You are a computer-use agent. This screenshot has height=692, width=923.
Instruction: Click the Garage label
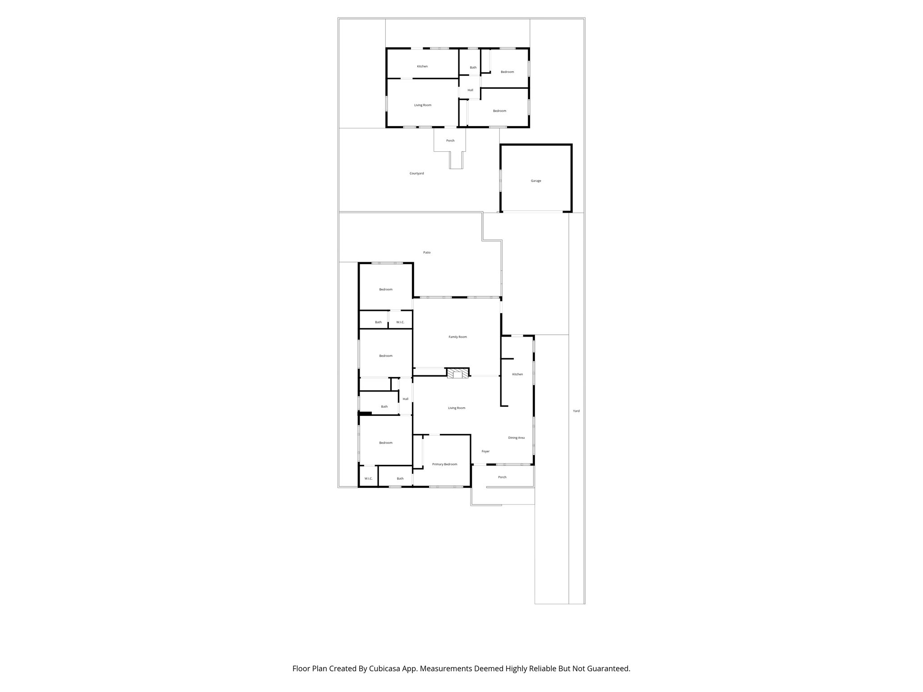coord(535,181)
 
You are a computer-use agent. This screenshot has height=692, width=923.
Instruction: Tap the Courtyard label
coord(416,173)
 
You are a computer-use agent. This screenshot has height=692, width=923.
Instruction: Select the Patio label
coord(426,253)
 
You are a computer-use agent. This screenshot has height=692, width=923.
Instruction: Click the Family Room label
coord(457,337)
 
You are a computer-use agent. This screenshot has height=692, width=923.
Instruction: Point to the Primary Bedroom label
coord(444,464)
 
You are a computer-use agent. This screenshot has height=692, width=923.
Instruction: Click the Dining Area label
coord(516,438)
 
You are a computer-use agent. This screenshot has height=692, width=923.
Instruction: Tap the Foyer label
coord(485,451)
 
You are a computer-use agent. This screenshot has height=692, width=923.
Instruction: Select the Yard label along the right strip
coord(576,411)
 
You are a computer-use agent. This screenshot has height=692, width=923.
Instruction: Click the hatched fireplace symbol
coord(457,373)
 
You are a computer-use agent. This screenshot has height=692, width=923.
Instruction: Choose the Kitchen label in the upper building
coord(422,67)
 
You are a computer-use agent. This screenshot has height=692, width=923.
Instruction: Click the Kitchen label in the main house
coord(517,374)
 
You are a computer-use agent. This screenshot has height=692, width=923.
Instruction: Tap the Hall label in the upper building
coord(470,90)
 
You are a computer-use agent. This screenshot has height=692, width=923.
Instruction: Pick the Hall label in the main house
coord(406,399)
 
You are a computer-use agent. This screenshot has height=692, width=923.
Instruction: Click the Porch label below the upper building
coord(450,141)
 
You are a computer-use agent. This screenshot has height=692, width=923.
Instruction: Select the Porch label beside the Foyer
coord(502,477)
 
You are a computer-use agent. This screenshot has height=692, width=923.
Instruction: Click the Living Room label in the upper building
coord(423,105)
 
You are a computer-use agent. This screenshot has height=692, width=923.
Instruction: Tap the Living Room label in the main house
coord(457,408)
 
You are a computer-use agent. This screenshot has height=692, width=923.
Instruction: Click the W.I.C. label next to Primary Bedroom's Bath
coord(368,478)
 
